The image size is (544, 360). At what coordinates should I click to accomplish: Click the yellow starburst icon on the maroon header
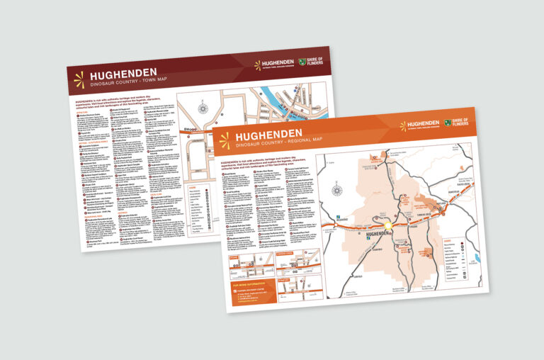click(x=79, y=79)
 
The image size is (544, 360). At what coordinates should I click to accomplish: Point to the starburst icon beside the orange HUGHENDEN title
click(x=225, y=140)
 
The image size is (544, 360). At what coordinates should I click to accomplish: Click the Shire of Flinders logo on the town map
click(x=312, y=63)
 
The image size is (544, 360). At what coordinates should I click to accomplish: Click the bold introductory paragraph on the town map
click(x=120, y=104)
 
